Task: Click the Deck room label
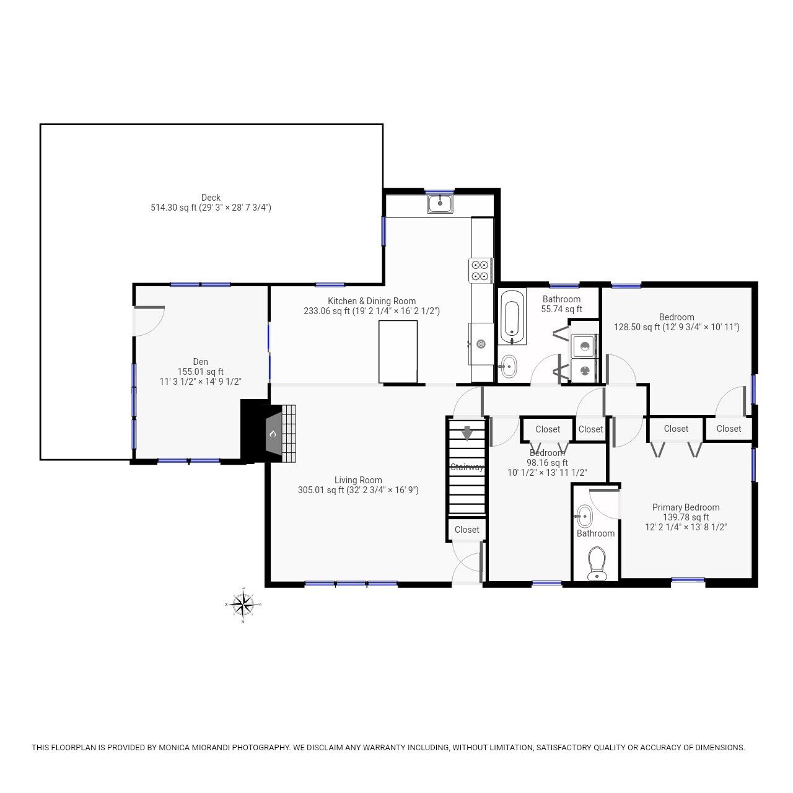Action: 211,198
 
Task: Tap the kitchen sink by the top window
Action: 440,204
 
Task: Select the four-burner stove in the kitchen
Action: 480,270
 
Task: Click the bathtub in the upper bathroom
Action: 512,317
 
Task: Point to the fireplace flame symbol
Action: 273,434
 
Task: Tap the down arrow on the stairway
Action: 467,433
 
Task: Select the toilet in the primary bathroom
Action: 597,563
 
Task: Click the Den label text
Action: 200,362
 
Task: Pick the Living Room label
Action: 358,480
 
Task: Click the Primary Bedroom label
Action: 686,507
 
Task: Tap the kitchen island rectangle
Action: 398,352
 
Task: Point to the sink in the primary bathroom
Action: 584,517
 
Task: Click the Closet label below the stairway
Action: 467,530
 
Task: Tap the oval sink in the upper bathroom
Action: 509,366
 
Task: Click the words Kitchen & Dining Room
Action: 372,301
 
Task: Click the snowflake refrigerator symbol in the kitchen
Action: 481,344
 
